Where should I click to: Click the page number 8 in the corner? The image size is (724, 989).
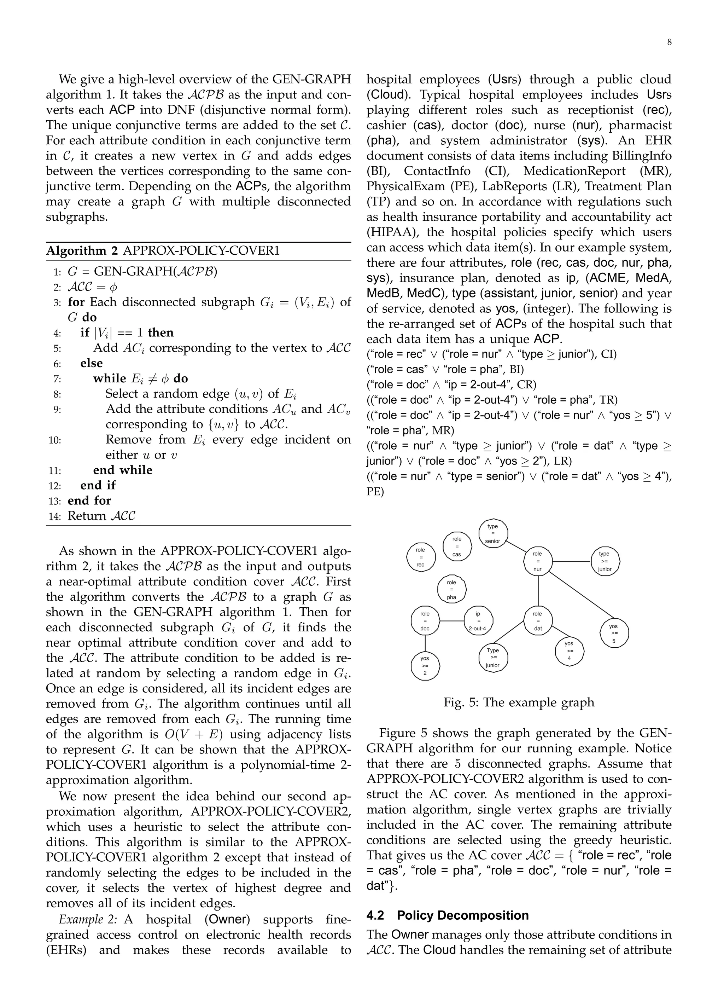(669, 42)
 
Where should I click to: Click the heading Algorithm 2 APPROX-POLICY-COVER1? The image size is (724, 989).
(163, 251)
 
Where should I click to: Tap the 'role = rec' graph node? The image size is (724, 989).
(420, 557)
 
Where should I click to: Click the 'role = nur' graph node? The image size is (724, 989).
(537, 562)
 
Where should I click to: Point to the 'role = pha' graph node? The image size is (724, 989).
(451, 590)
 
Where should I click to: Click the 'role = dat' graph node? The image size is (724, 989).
(538, 621)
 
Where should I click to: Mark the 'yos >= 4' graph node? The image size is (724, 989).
(569, 650)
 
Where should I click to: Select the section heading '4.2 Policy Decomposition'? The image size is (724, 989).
(448, 915)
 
